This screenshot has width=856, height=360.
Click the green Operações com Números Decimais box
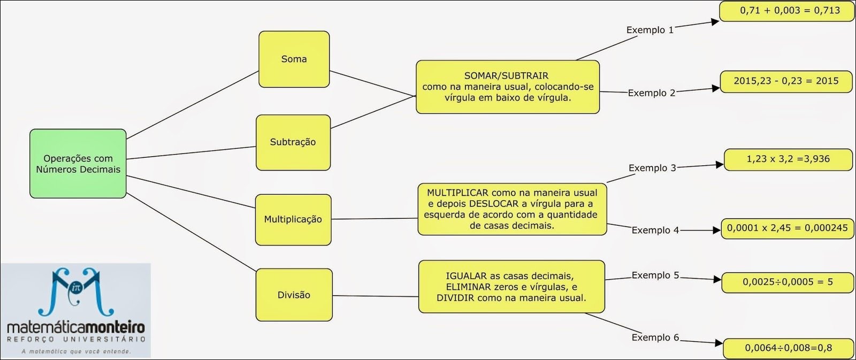coord(78,164)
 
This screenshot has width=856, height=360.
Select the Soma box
coord(294,59)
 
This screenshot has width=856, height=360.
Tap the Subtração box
coord(293,142)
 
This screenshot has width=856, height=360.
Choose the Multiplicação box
coord(293,219)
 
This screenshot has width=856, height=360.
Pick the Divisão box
coord(294,295)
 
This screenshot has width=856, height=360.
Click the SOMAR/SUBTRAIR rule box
coord(507,87)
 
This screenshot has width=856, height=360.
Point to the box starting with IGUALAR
coord(511,287)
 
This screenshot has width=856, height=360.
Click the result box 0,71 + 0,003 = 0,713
coord(786,11)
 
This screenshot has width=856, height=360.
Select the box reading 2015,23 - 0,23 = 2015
coord(785,81)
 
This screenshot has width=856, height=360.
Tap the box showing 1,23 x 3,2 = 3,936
coord(788,159)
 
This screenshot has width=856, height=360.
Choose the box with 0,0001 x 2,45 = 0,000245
coord(786,228)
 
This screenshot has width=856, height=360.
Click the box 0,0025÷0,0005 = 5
coord(787,282)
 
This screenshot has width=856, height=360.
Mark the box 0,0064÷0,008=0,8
coord(788,348)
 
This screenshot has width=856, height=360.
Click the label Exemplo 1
coord(649,30)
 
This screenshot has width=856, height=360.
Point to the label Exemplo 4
coord(655,230)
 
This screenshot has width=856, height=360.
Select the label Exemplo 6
coord(655,338)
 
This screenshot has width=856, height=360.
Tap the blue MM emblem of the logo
coord(76,292)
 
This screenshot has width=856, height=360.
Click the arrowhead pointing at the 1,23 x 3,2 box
coord(720,165)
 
